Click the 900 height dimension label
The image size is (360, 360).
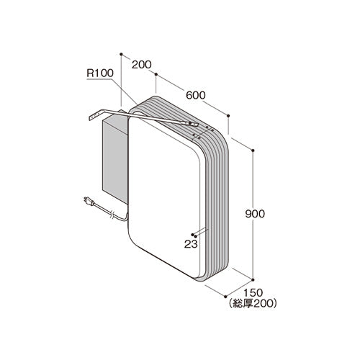pyautogui.click(x=255, y=214)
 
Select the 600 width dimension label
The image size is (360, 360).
pyautogui.click(x=196, y=95)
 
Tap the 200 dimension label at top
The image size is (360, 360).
pyautogui.click(x=142, y=65)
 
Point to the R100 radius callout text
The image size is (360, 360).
pyautogui.click(x=100, y=73)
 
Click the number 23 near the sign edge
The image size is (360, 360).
pyautogui.click(x=191, y=244)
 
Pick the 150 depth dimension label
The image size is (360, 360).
pyautogui.click(x=253, y=293)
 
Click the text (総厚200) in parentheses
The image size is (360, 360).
pyautogui.click(x=253, y=304)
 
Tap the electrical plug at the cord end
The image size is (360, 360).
pyautogui.click(x=89, y=201)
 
